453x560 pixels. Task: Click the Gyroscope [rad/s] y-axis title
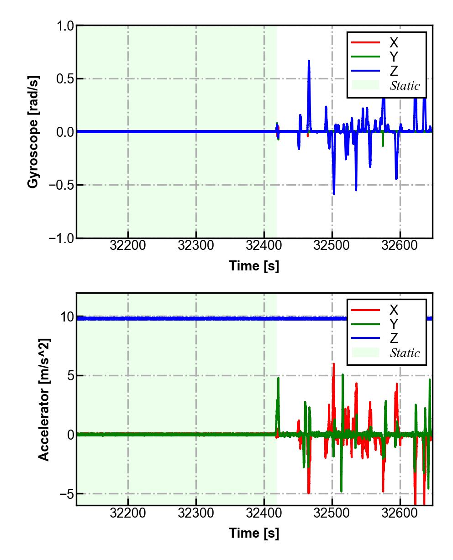click(x=33, y=132)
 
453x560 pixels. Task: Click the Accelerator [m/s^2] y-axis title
click(x=44, y=399)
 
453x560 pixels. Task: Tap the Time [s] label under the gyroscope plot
click(x=254, y=265)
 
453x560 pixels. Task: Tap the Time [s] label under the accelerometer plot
click(x=254, y=533)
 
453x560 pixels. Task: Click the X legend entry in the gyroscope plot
click(x=393, y=43)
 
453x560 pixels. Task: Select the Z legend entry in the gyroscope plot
click(x=393, y=71)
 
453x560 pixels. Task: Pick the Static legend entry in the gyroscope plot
click(x=405, y=85)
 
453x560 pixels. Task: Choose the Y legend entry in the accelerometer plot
click(x=393, y=324)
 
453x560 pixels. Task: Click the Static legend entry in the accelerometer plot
click(x=405, y=353)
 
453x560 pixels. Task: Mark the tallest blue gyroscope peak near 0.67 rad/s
click(x=309, y=61)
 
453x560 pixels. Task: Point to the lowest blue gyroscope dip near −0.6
click(x=334, y=194)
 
